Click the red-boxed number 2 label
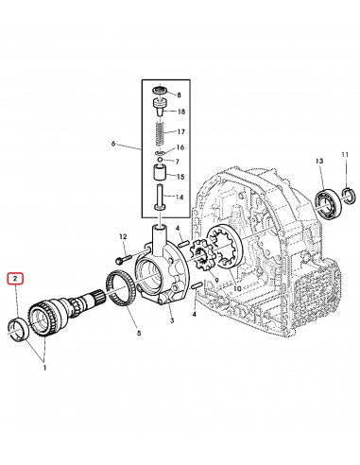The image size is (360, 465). [15, 279]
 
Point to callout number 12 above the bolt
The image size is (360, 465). [123, 236]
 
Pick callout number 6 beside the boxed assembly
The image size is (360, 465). [112, 144]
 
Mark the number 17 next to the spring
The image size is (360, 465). [180, 131]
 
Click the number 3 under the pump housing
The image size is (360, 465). [172, 321]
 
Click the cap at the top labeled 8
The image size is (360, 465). [158, 93]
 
